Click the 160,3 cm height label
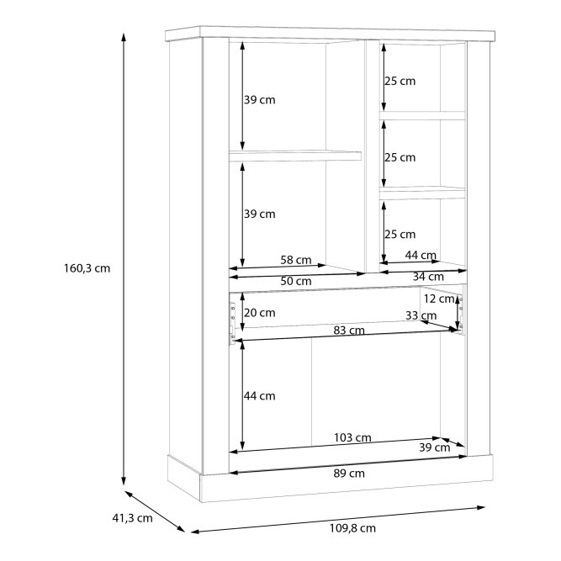(x=87, y=268)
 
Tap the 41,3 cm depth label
(x=132, y=518)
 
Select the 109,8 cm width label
(x=352, y=528)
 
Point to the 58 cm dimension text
(x=296, y=260)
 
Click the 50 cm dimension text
(x=296, y=281)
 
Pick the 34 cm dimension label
(x=428, y=277)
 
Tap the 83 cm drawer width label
(x=349, y=331)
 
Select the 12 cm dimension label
(x=439, y=299)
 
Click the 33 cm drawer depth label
(x=421, y=315)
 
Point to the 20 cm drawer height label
(x=260, y=313)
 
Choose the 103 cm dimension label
(x=352, y=437)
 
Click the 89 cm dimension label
(x=349, y=474)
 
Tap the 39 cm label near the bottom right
(x=434, y=447)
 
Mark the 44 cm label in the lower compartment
(x=260, y=395)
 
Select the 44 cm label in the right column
(x=421, y=255)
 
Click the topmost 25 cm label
(x=400, y=81)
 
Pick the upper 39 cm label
(x=260, y=100)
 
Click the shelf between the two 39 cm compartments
(x=295, y=156)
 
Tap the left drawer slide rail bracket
(x=232, y=324)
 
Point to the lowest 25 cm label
(x=400, y=235)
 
